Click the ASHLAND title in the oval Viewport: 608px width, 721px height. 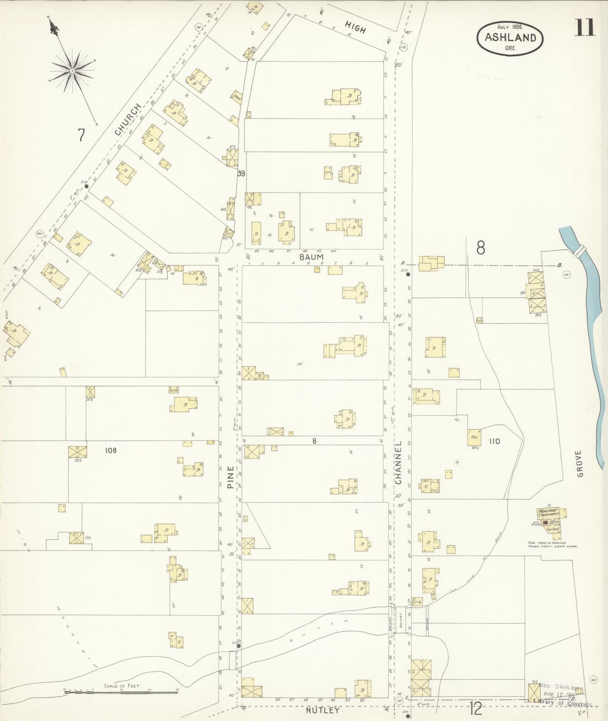(510, 37)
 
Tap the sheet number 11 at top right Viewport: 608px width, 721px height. (585, 28)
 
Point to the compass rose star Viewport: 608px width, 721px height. (72, 71)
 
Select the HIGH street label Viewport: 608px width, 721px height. (355, 27)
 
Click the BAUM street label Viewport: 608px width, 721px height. (312, 257)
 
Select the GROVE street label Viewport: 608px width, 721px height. (580, 464)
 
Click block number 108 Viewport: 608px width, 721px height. (111, 451)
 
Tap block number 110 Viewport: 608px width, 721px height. (494, 441)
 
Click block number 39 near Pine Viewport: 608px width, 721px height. (241, 173)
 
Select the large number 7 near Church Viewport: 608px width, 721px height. (81, 135)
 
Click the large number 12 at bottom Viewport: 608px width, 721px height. (476, 709)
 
